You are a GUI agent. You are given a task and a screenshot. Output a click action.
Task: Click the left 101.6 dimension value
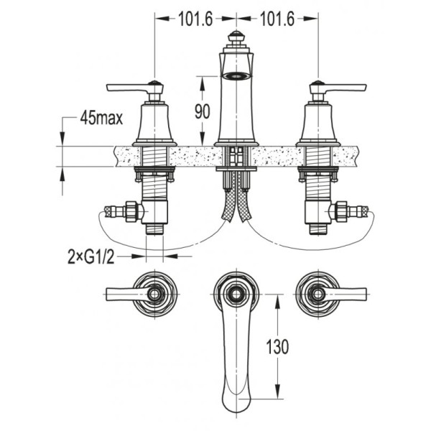(195, 19)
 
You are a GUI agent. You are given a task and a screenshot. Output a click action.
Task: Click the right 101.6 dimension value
(277, 19)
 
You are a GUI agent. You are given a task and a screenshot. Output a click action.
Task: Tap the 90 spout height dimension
(203, 111)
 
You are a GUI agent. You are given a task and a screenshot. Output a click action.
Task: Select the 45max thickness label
(101, 119)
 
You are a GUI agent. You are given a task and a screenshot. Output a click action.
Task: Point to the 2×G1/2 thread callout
(91, 257)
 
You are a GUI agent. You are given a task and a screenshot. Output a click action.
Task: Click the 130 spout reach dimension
(277, 347)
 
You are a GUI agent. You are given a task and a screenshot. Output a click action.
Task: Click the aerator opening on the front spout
(236, 75)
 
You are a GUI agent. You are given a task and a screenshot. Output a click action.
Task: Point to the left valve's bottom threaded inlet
(154, 229)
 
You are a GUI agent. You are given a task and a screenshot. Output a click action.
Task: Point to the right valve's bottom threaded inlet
(318, 229)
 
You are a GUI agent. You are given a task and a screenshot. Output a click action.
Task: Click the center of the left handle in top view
(154, 294)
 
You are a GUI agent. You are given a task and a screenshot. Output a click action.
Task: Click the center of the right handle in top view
(318, 294)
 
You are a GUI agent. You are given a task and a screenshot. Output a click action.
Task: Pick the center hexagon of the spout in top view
(236, 294)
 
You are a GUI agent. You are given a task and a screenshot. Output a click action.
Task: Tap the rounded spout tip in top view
(236, 404)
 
